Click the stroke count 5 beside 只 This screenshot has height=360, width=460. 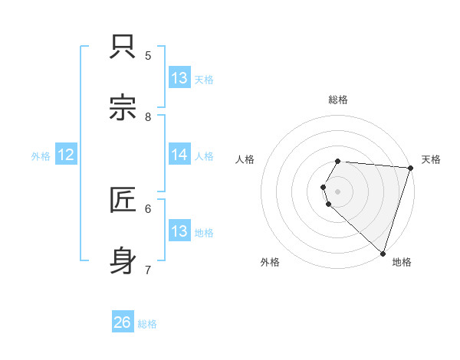(148, 55)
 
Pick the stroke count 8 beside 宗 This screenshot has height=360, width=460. (148, 116)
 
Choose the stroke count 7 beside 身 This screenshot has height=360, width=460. (148, 270)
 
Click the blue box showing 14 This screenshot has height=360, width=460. (179, 155)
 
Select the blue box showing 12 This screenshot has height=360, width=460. (66, 155)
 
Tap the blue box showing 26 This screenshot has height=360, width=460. (123, 322)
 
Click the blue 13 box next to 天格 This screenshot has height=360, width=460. (179, 77)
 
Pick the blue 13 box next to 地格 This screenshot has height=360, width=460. (179, 231)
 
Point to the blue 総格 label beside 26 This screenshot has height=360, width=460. (147, 324)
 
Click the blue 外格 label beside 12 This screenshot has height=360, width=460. (40, 156)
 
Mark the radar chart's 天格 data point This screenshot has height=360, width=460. (410, 168)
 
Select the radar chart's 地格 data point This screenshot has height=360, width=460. (383, 253)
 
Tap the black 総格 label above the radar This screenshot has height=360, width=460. (338, 100)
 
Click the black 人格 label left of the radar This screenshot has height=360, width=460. (245, 159)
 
